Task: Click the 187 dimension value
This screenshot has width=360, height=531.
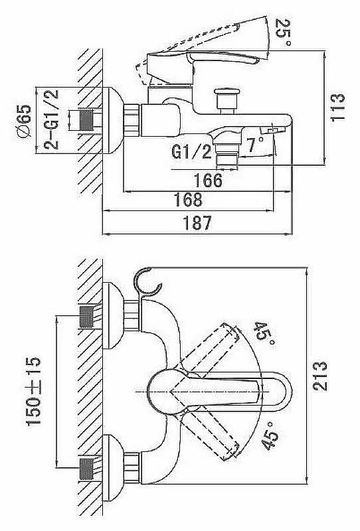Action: coord(197,223)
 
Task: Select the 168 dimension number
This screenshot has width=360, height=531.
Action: coord(188,200)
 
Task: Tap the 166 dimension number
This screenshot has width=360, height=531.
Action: coord(208,180)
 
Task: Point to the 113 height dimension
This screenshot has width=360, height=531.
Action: coord(337,107)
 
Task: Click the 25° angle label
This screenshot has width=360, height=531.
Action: coord(284,33)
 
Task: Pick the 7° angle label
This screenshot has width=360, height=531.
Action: coord(256,145)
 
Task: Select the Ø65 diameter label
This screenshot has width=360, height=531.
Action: coord(24,121)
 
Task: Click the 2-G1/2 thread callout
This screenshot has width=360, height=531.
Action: coord(52,119)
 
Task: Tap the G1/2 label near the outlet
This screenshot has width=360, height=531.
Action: coord(191,151)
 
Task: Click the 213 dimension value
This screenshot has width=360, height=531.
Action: coord(320,376)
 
